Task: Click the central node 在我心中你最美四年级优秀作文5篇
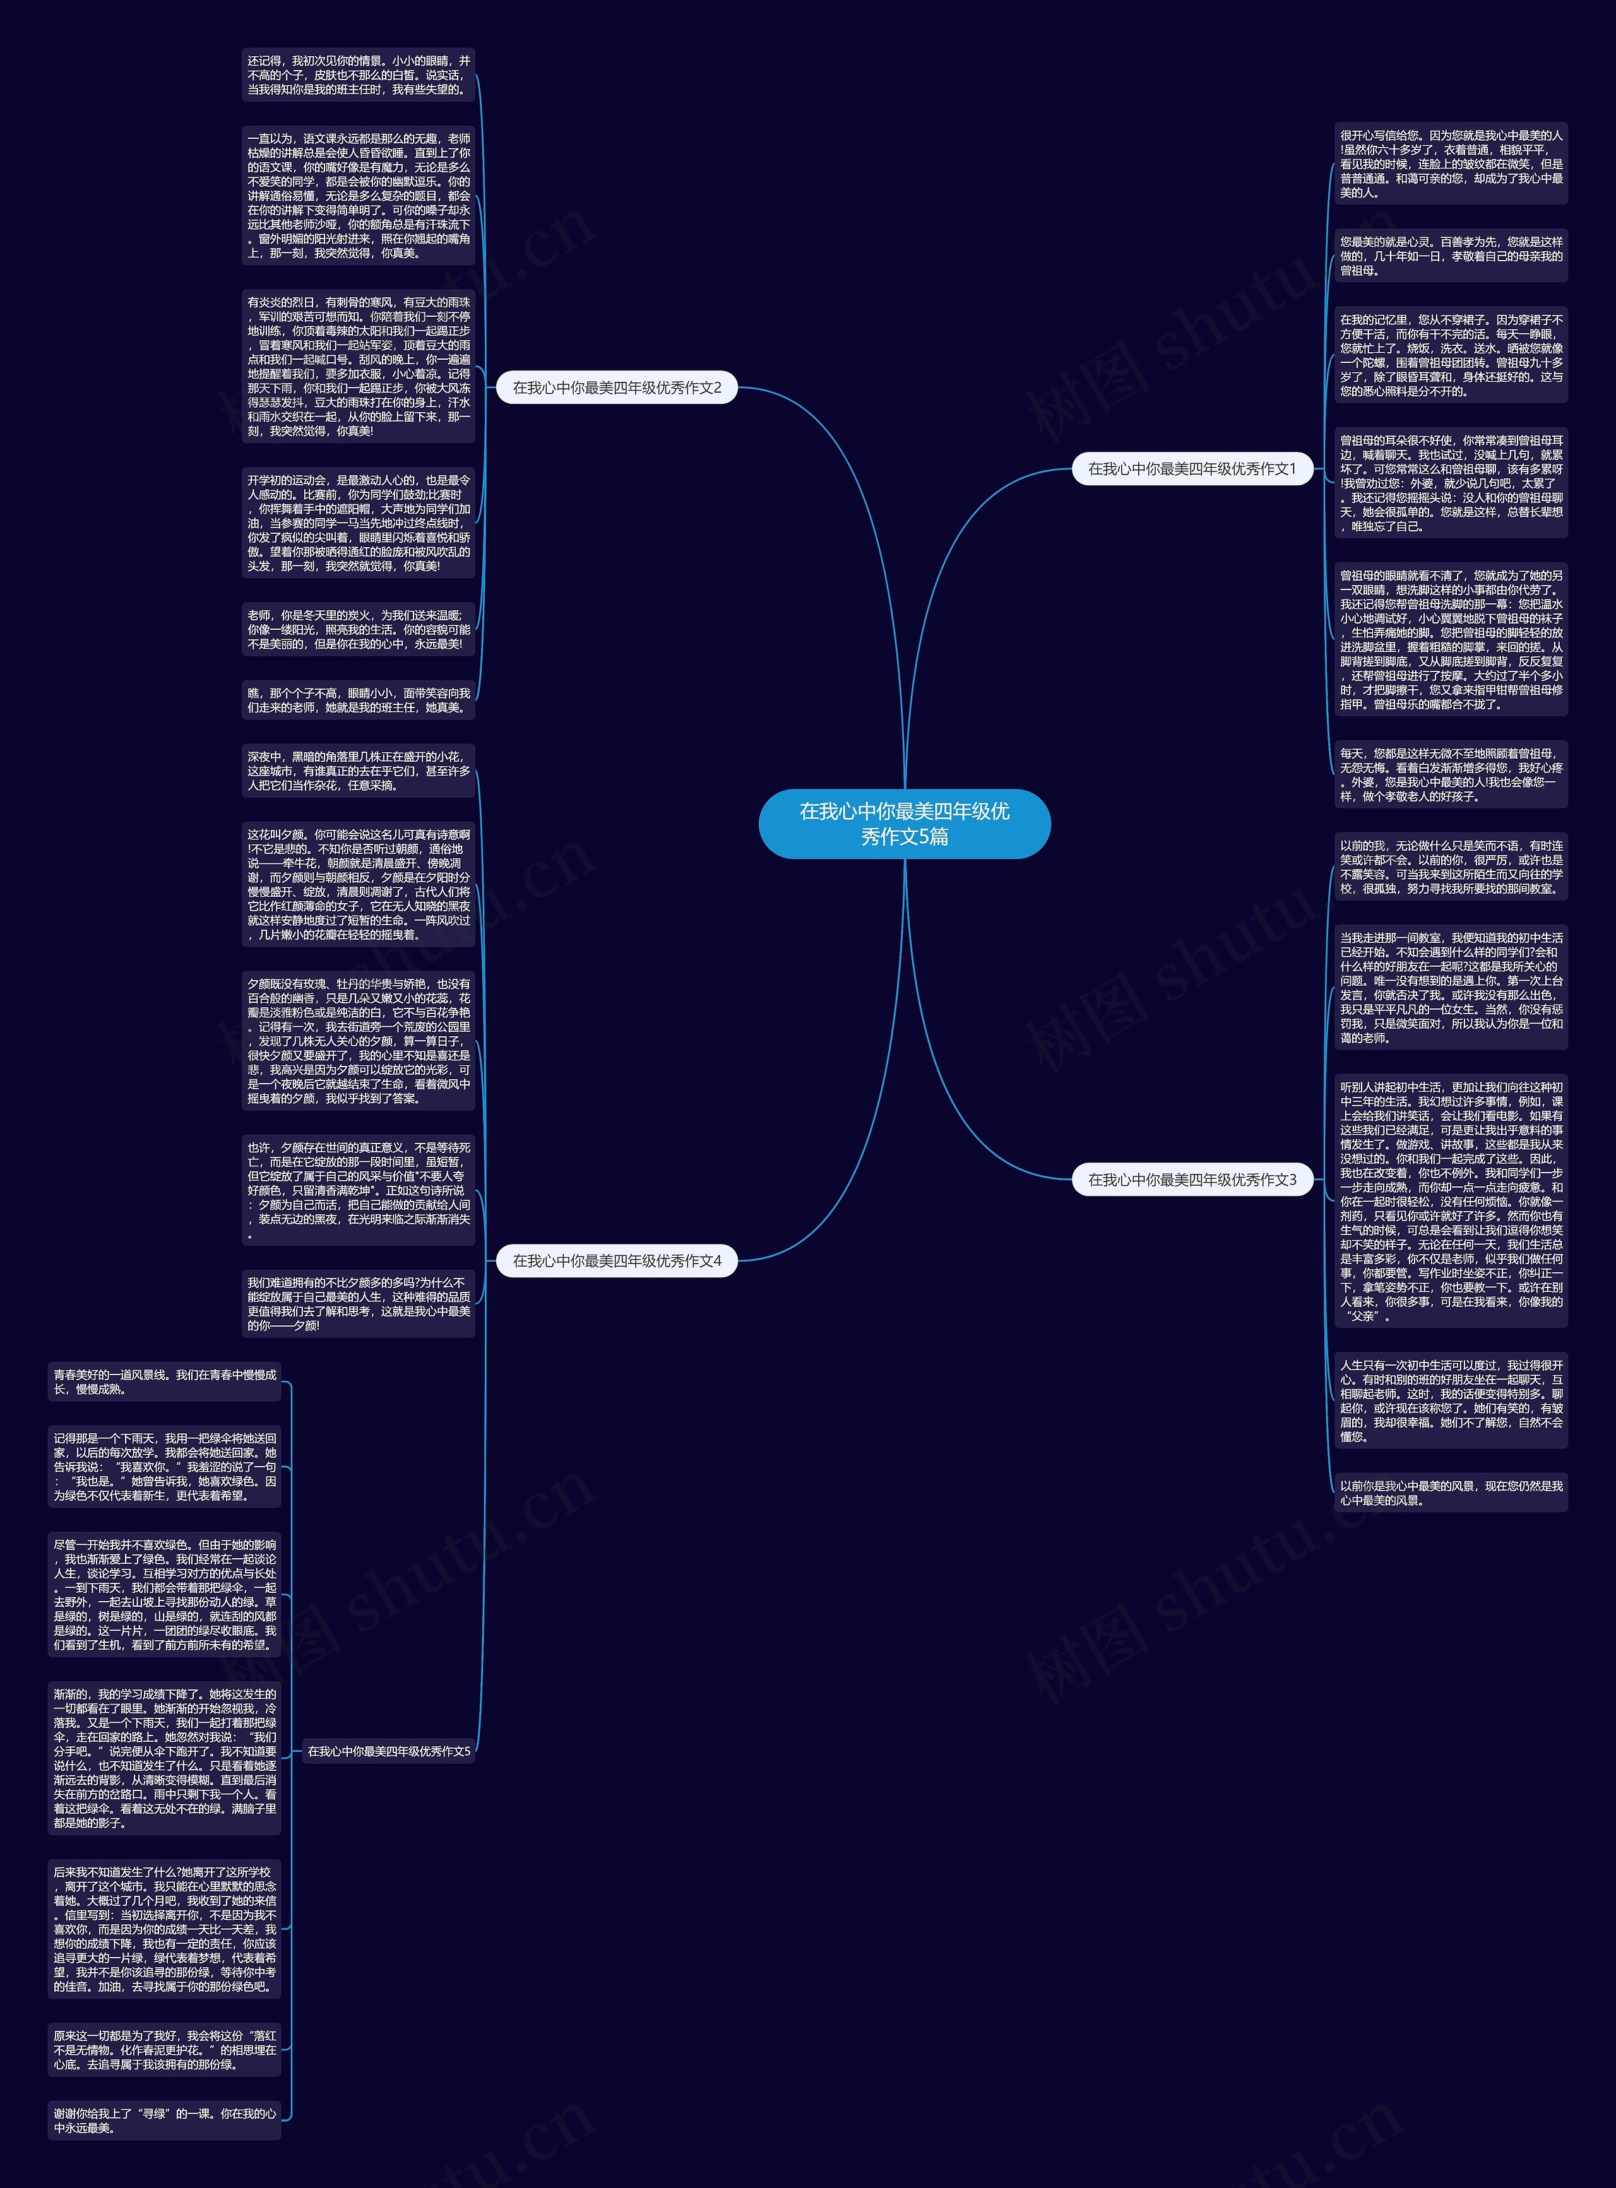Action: [904, 824]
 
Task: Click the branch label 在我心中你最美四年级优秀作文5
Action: [388, 1751]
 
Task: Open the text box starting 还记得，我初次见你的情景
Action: [358, 75]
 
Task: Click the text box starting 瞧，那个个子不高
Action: [358, 701]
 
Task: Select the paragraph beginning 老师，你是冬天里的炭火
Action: [358, 630]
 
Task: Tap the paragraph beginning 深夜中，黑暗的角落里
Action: [358, 771]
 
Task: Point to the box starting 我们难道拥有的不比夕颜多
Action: [358, 1304]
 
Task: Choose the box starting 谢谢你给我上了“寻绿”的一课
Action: [164, 2120]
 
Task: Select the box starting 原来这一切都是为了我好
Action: [164, 2050]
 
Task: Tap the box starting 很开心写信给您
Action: [1451, 164]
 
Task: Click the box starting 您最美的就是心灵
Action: [1451, 256]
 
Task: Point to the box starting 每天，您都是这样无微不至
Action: [1451, 774]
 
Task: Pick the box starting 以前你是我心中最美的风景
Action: [1451, 1493]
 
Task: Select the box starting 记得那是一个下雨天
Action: [164, 1467]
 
